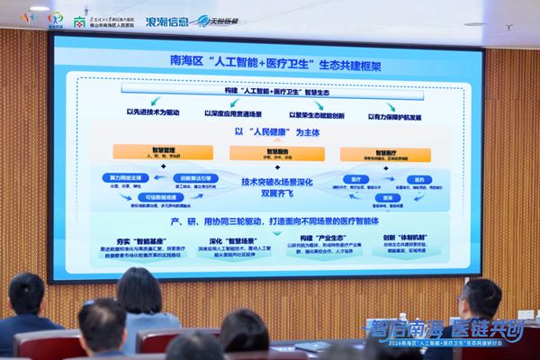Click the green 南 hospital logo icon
pyautogui.click(x=78, y=18)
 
